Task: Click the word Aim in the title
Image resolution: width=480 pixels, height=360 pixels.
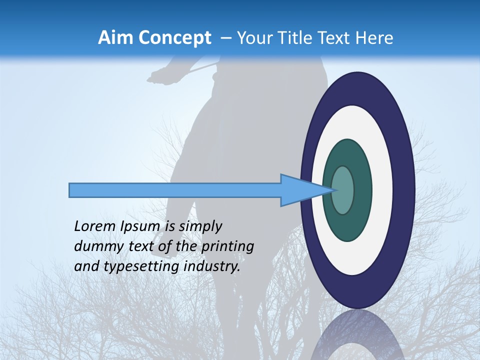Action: [x=115, y=38]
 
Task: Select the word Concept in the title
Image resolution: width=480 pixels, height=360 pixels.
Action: [x=174, y=38]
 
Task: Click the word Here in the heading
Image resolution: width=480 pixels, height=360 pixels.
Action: [x=374, y=38]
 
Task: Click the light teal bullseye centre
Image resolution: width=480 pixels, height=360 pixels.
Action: [x=343, y=190]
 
